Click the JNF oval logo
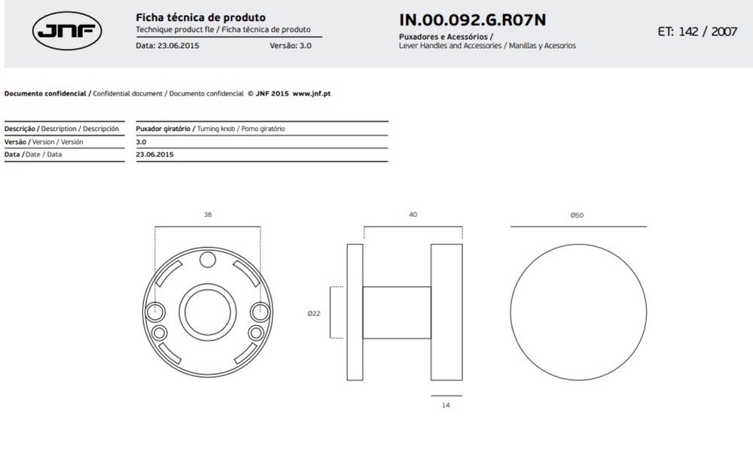67,31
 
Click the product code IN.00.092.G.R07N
473,20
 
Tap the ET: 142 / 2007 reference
697,32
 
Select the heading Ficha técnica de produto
201,18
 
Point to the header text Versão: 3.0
291,46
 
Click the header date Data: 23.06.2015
168,46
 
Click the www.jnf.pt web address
312,93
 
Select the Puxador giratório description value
163,129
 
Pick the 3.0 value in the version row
142,142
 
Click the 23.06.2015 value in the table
154,154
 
